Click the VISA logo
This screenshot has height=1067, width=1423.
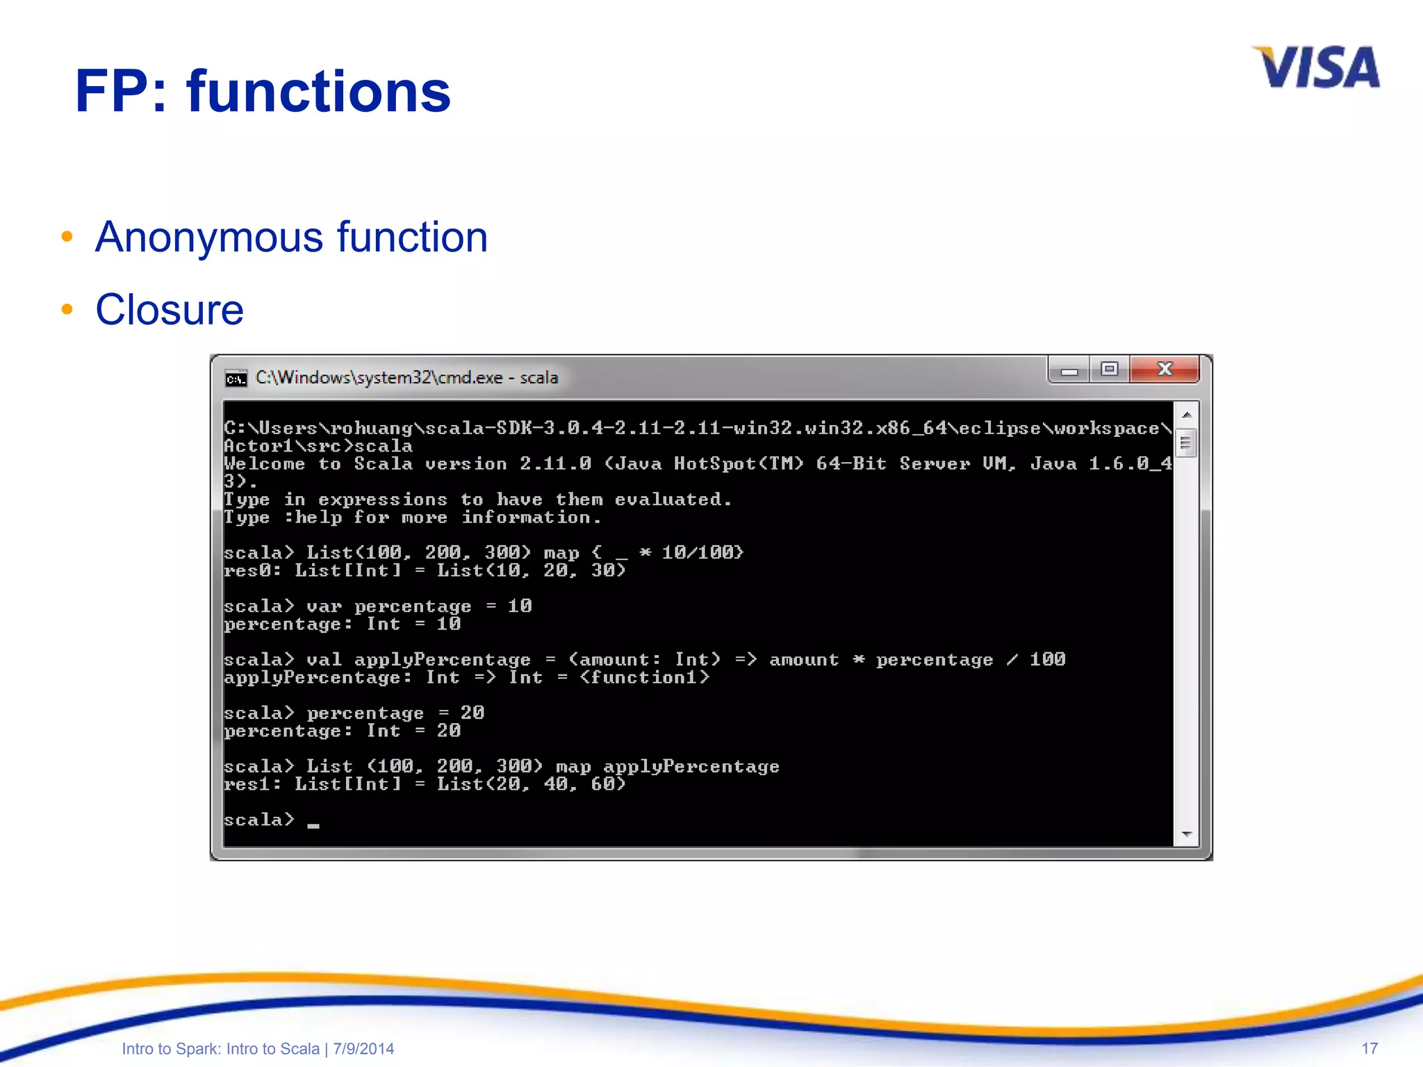tap(1315, 67)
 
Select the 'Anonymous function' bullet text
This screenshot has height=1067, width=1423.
tap(291, 237)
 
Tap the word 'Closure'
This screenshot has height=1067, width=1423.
tap(170, 309)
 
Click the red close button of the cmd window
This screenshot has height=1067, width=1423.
tap(1165, 369)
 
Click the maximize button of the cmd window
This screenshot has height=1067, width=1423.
tap(1110, 369)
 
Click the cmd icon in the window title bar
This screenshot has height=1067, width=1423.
tap(236, 378)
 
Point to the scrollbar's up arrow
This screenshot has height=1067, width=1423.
tap(1187, 415)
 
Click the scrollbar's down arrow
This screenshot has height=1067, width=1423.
tap(1187, 834)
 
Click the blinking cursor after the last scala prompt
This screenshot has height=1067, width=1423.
tap(313, 825)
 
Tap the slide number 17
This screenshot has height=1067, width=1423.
tap(1369, 1048)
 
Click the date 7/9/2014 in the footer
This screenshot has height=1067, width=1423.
tap(363, 1048)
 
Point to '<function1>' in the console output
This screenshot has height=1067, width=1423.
tap(645, 677)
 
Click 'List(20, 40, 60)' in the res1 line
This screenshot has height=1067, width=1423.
tap(531, 784)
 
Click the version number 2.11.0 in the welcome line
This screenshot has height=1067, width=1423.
tap(555, 463)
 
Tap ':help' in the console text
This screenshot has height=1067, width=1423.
tap(313, 518)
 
